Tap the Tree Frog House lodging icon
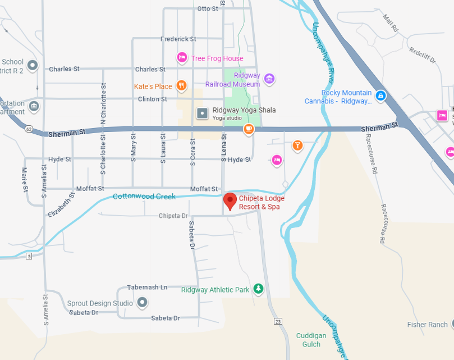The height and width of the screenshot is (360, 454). tap(182, 57)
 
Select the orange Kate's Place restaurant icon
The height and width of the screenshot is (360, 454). tap(181, 85)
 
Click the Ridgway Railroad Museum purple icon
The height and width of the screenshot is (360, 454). tap(269, 78)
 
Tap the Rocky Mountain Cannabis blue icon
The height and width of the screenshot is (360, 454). tap(381, 96)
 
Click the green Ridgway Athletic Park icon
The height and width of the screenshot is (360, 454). tap(258, 289)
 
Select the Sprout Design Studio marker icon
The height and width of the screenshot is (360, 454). tap(143, 303)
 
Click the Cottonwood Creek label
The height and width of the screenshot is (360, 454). tap(144, 197)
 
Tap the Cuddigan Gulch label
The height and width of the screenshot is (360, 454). tap(311, 340)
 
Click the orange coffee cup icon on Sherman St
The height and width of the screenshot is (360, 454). tap(249, 130)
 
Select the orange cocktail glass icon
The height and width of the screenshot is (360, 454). tap(297, 146)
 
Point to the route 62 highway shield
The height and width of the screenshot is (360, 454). tap(29, 129)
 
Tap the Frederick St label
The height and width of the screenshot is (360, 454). tap(178, 39)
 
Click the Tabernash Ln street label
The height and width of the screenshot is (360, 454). tap(147, 287)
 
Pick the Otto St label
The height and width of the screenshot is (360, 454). tap(208, 8)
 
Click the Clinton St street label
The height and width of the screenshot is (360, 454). tap(153, 99)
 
